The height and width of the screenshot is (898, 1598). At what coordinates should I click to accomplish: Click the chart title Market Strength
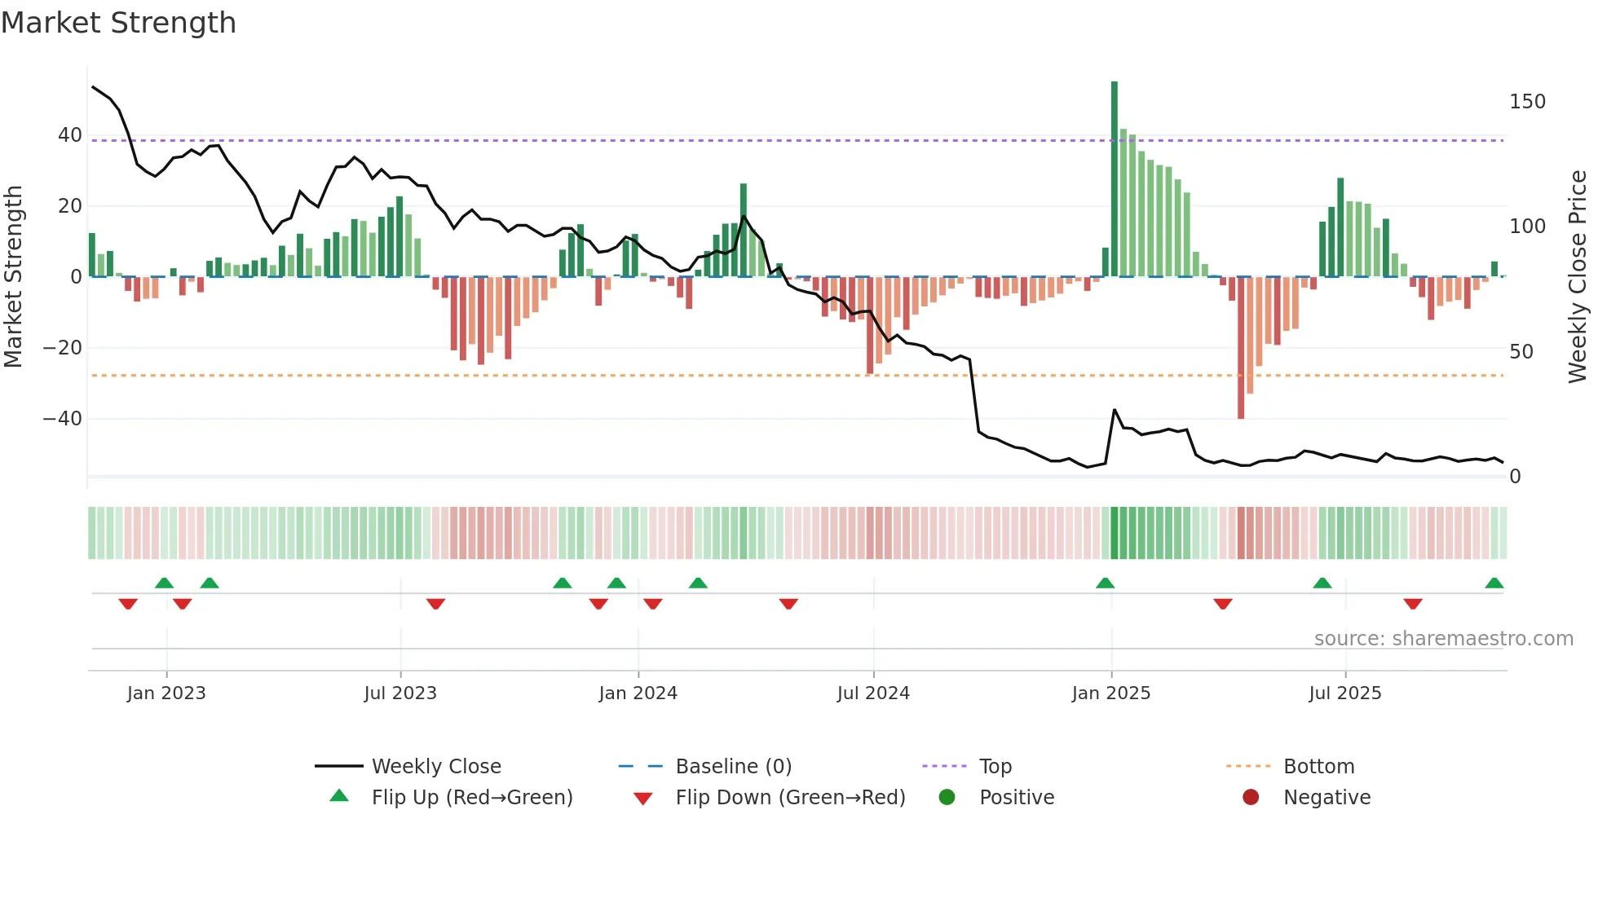(x=118, y=23)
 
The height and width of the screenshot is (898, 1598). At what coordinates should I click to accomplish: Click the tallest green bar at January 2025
(x=1115, y=179)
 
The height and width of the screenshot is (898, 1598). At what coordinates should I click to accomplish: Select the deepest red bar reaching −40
(x=1241, y=350)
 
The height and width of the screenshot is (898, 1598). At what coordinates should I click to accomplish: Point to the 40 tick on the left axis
(x=70, y=135)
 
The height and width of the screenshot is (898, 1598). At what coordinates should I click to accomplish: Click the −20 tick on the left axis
(x=63, y=348)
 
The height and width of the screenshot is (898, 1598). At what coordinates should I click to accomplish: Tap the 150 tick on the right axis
(x=1527, y=102)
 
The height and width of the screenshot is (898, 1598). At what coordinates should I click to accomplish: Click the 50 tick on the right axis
(x=1521, y=352)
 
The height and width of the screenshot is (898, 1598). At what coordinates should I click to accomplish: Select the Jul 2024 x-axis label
(x=873, y=693)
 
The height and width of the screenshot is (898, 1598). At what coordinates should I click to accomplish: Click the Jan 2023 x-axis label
(x=166, y=693)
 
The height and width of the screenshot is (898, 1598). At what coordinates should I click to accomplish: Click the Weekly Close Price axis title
(x=1578, y=276)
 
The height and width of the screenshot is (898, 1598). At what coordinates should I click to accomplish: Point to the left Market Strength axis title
(x=13, y=276)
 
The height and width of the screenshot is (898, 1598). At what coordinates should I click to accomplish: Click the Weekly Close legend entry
(x=435, y=767)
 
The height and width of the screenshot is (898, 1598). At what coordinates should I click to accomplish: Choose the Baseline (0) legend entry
(x=733, y=767)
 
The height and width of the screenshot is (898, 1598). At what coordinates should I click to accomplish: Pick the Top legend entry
(x=995, y=767)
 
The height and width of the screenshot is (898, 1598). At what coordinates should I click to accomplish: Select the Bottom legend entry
(x=1318, y=767)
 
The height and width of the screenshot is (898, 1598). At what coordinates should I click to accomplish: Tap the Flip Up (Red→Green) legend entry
(x=471, y=798)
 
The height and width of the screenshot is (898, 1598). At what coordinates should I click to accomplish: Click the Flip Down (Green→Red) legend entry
(x=789, y=798)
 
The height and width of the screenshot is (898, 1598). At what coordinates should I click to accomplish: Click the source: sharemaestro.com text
(x=1443, y=639)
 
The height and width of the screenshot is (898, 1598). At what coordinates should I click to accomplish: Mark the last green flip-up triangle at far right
(x=1494, y=583)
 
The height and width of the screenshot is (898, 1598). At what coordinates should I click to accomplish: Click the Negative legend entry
(x=1326, y=798)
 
